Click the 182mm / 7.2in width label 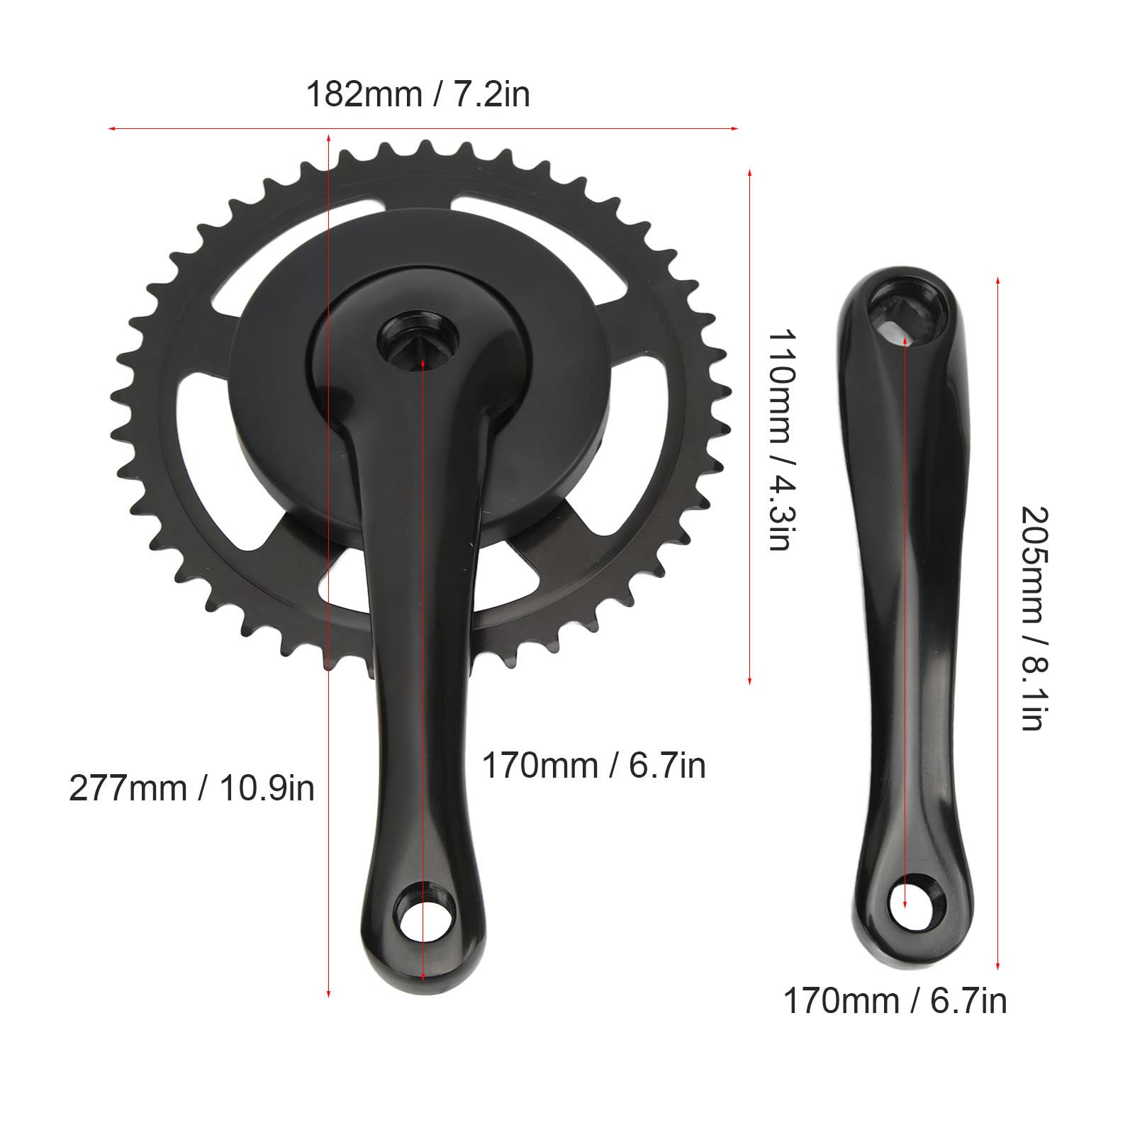418,94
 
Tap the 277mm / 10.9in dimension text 191,788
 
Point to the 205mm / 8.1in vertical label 1031,617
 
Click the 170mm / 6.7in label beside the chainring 594,766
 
